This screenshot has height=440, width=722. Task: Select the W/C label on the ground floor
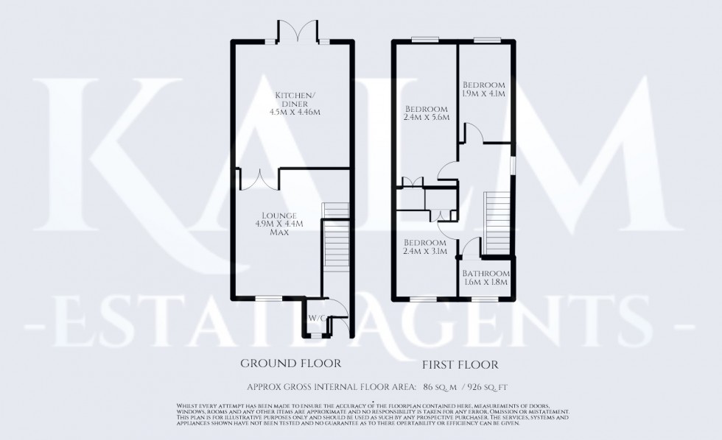pos(317,318)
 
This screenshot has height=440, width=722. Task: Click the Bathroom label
pos(485,273)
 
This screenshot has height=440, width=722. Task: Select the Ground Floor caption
pos(291,363)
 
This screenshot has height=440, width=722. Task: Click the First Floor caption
pos(460,364)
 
